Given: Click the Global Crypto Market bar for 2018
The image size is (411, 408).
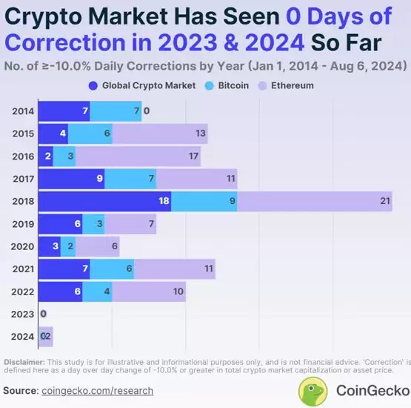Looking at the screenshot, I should [x=104, y=202].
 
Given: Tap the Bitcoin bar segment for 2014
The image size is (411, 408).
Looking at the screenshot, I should [x=115, y=111].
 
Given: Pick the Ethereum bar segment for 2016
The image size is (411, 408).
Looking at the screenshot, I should [x=138, y=157].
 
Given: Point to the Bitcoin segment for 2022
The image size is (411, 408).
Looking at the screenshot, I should [x=96, y=292].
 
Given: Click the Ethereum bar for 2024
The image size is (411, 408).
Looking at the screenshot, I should [x=46, y=337].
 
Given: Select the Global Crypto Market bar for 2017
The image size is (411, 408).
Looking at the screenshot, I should [x=70, y=179].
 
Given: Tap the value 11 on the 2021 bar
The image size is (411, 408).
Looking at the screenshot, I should [x=208, y=269].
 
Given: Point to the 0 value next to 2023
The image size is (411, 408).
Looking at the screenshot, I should [x=43, y=315].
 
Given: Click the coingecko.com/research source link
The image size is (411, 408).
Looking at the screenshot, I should [x=98, y=390].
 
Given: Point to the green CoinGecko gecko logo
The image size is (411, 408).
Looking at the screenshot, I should [x=314, y=390].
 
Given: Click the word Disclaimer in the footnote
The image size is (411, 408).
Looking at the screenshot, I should [x=24, y=362].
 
